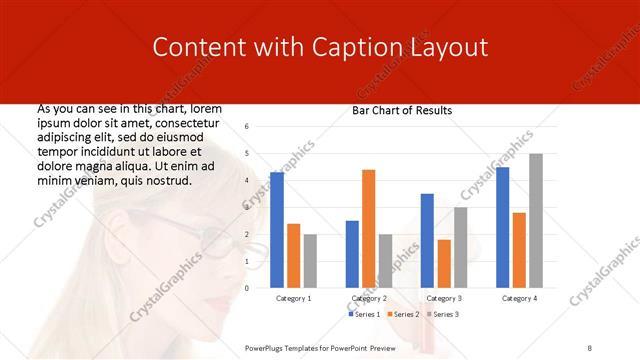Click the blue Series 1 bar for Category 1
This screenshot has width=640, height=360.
[x=277, y=230]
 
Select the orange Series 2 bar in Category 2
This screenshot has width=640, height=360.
[x=368, y=229]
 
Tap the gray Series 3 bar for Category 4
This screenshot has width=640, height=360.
[x=536, y=221]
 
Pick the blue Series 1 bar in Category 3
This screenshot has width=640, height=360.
[x=427, y=241]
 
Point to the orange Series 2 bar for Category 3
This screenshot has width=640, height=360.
[x=444, y=264]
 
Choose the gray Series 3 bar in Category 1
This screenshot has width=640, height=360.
[x=310, y=261]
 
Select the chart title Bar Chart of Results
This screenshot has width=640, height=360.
[x=402, y=110]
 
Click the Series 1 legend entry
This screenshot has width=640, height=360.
[x=365, y=314]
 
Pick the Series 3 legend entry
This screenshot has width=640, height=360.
[x=443, y=314]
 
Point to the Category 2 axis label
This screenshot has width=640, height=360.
[x=369, y=298]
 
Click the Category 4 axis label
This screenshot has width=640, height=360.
[x=519, y=298]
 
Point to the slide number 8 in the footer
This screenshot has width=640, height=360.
[x=590, y=347]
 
